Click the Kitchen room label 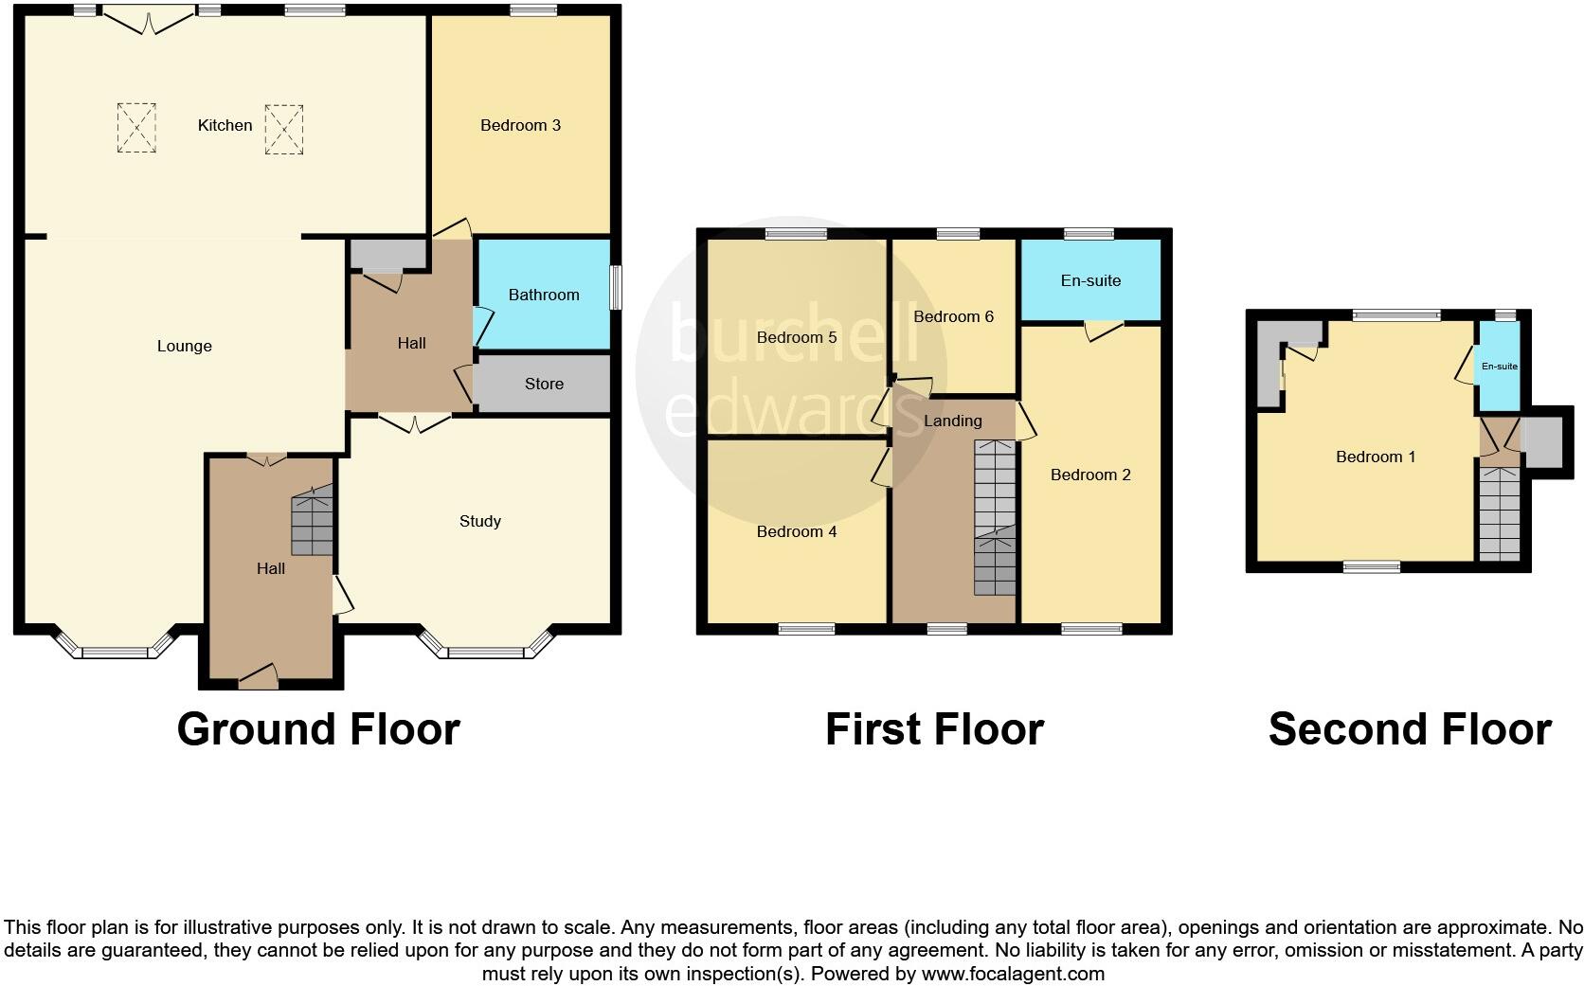tap(225, 125)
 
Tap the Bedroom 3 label tap(520, 125)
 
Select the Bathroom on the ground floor tap(543, 295)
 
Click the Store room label tap(544, 384)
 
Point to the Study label tap(479, 521)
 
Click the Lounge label tap(184, 346)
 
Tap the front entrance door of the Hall tap(258, 675)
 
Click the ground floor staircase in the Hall tap(313, 521)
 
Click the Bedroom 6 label tap(953, 316)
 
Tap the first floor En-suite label tap(1090, 280)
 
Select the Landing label tap(953, 421)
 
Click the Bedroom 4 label tap(796, 531)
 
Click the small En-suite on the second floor tap(1499, 367)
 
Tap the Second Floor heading tap(1409, 729)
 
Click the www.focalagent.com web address tap(1012, 973)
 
